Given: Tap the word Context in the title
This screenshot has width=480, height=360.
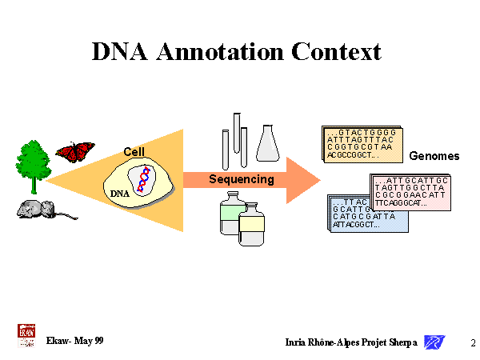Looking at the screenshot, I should coord(337,52).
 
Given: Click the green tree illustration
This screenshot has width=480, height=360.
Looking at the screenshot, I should coord(33,164).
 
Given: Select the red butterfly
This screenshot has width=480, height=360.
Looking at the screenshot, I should coord(74,151).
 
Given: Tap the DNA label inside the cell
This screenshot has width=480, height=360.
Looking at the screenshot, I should coord(118,193).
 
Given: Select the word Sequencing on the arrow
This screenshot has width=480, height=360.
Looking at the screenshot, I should coord(242,179).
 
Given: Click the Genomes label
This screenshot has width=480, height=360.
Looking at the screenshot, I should coord(434,156).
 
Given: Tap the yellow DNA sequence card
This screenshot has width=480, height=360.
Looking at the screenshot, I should coord(361,143).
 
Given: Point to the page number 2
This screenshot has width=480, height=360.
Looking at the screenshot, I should coord(473,342).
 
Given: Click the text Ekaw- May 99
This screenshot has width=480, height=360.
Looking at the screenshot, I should coord(75,342).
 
